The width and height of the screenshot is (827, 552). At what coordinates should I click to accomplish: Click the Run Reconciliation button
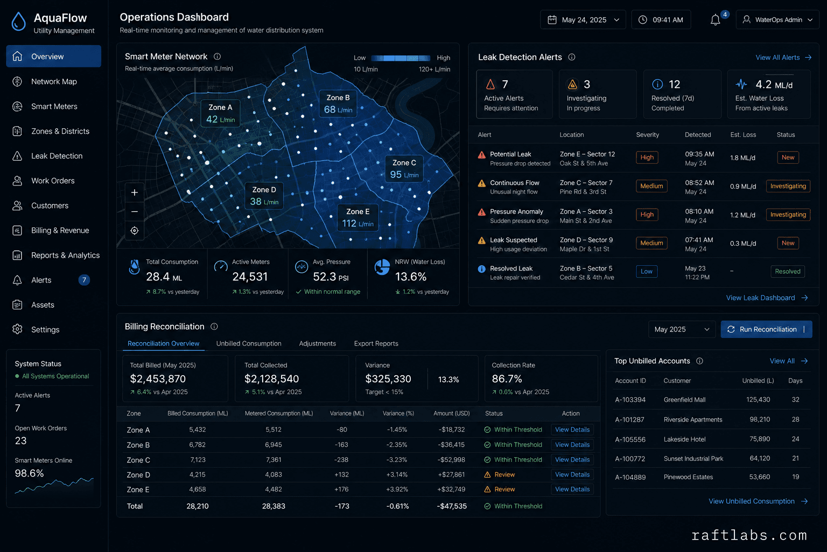(x=766, y=329)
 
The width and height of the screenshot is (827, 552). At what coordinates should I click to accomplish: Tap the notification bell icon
(x=715, y=20)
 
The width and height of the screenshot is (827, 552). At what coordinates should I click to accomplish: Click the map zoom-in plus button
(x=135, y=192)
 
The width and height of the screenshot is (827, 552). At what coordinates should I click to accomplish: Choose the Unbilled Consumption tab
(x=249, y=343)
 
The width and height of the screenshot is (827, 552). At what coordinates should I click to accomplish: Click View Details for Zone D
(x=572, y=474)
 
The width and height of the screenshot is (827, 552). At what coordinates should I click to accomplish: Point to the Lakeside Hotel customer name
(x=684, y=439)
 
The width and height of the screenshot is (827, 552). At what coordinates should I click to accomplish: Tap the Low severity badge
(x=647, y=271)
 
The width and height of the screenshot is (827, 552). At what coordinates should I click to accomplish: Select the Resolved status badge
(x=788, y=271)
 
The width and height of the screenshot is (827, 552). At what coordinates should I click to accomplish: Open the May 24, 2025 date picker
(x=583, y=20)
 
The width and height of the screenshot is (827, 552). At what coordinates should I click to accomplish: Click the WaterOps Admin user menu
(x=777, y=20)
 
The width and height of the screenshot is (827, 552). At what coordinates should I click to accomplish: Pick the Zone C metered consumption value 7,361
(x=273, y=460)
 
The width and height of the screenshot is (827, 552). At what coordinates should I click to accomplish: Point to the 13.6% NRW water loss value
(x=411, y=277)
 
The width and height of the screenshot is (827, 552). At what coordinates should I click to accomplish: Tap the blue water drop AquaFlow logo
(x=18, y=22)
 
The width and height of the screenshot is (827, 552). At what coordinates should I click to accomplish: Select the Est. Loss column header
(x=743, y=135)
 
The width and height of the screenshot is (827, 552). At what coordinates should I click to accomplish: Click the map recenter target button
(x=135, y=231)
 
